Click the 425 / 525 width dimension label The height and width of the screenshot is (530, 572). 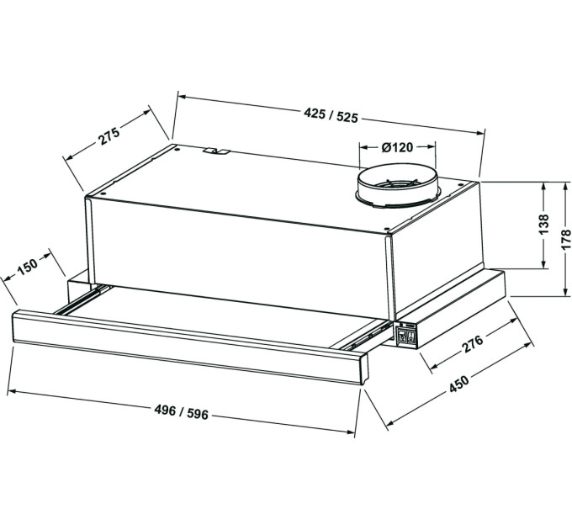[x=331, y=116]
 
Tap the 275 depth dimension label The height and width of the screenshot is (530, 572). [x=109, y=135]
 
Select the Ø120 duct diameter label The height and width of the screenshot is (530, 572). [x=397, y=147]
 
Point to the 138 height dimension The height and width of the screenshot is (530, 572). [x=543, y=225]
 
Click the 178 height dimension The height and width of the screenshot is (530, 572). [x=565, y=239]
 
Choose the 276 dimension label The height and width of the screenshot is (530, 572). [x=473, y=343]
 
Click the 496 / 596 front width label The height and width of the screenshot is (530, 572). [x=182, y=412]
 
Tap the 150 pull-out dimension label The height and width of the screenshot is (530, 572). [x=28, y=267]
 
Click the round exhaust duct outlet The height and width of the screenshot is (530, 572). [x=399, y=187]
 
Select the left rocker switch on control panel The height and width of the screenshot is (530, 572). [x=402, y=337]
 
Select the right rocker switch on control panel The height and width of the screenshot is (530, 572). [x=410, y=338]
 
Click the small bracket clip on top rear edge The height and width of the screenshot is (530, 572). [x=217, y=151]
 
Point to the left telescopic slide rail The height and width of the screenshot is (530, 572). [x=82, y=299]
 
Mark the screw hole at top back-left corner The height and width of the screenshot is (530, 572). [x=177, y=148]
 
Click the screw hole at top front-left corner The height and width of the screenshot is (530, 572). [x=103, y=193]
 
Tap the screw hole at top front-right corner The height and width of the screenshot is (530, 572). [x=386, y=228]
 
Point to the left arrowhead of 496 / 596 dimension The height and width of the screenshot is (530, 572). [x=11, y=392]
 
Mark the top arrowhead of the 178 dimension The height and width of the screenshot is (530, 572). [x=565, y=186]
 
